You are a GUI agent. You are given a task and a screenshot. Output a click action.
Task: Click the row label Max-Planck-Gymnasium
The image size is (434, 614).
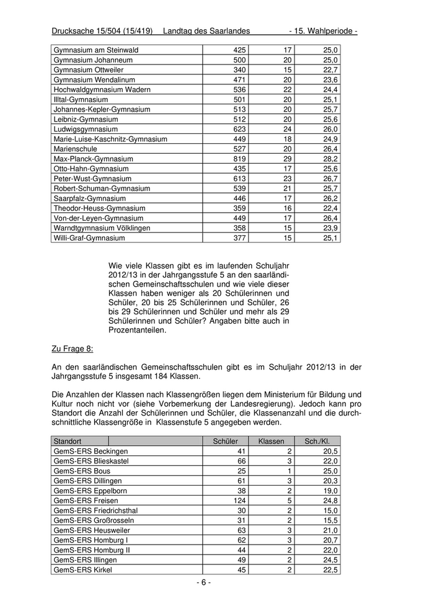pos(93,159)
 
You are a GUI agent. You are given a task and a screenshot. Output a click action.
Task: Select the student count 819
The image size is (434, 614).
pos(239,159)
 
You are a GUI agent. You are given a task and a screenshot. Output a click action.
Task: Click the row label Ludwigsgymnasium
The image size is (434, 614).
pos(86,129)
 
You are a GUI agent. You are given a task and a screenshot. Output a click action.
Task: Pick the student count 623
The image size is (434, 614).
pos(239,129)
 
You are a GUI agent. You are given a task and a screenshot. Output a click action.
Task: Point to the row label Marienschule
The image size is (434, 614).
pos(76,149)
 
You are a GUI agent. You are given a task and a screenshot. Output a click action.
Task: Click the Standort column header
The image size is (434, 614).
pos(68,441)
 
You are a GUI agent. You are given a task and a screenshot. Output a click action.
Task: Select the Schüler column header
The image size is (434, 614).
pos(225,441)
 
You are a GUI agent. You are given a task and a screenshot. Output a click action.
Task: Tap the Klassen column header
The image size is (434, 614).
pos(271,441)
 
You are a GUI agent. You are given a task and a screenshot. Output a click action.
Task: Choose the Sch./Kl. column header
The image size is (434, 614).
pos(317,441)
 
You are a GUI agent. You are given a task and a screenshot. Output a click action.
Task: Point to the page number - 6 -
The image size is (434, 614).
pos(204,582)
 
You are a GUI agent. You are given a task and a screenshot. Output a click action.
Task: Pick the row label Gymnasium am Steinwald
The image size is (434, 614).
pos(96,50)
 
